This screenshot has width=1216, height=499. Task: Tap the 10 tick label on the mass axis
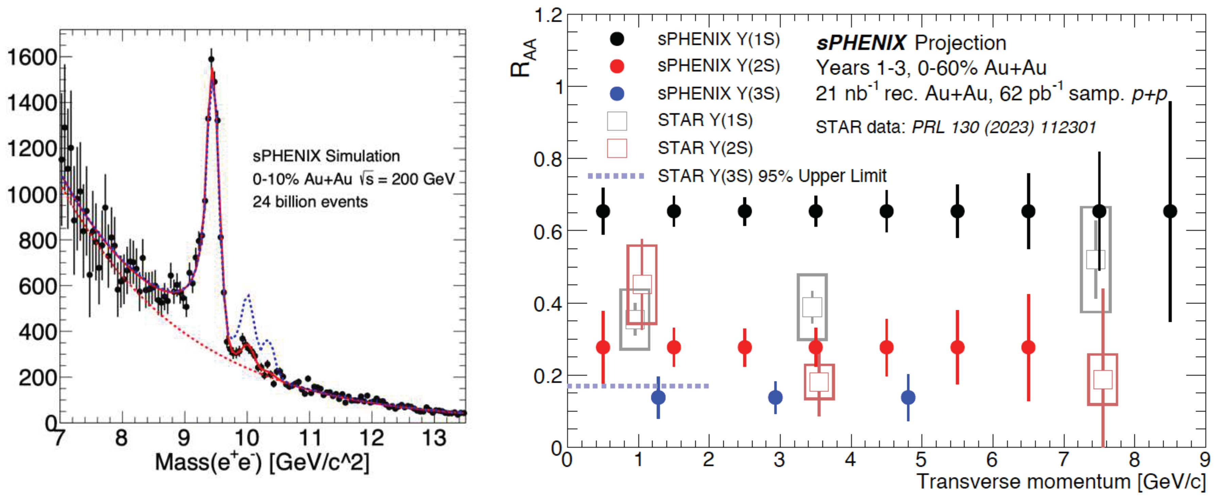click(x=247, y=438)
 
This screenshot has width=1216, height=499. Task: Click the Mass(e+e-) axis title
click(x=262, y=463)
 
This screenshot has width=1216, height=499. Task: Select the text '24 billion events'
click(x=310, y=202)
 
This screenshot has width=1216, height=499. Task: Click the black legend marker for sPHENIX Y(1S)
click(x=617, y=39)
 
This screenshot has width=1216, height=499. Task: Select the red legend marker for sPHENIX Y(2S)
click(x=617, y=66)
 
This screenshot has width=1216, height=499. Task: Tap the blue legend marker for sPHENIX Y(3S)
click(x=617, y=94)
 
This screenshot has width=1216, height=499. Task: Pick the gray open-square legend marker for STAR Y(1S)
click(x=617, y=121)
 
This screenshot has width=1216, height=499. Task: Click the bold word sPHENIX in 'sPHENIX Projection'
click(x=861, y=43)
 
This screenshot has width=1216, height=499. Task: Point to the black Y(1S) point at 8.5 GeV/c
click(x=1170, y=211)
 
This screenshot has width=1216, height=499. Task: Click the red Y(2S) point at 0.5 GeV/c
click(x=603, y=347)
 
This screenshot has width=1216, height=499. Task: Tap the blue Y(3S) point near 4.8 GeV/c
click(x=908, y=398)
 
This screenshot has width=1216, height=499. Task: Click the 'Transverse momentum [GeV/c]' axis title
click(x=1060, y=482)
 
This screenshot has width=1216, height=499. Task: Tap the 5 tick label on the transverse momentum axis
click(x=921, y=459)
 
